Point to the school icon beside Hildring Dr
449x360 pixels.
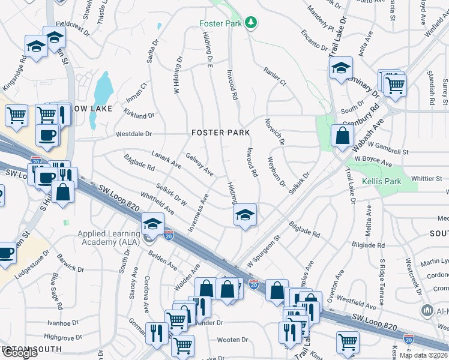(245, 215)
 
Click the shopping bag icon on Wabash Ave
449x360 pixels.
(341, 136)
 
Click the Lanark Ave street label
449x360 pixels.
(166, 159)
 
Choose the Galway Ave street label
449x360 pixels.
(199, 164)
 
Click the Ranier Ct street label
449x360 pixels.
(275, 76)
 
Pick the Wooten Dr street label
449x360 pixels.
(228, 340)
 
